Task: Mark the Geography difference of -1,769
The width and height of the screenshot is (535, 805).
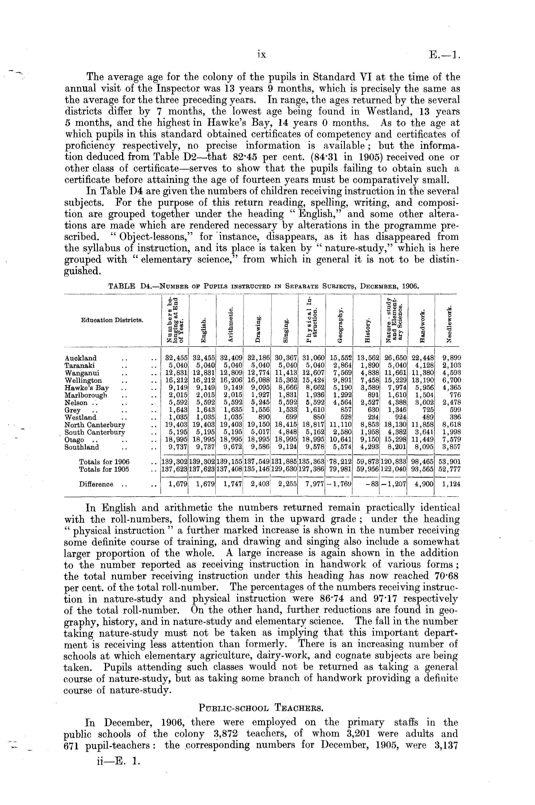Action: (x=339, y=484)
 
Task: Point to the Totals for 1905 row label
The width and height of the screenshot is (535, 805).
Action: (x=104, y=469)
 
